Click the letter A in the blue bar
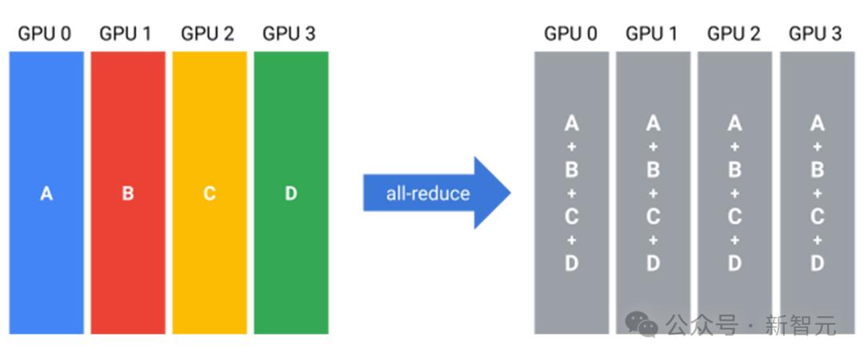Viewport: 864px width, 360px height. tap(46, 194)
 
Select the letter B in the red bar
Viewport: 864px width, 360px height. tap(128, 194)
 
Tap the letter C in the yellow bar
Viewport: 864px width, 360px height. tap(210, 194)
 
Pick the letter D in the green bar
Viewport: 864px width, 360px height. tap(291, 194)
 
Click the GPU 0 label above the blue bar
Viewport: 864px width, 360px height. tap(45, 34)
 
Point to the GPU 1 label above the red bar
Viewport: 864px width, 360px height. tap(125, 34)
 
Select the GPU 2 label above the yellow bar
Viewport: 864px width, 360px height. tap(208, 34)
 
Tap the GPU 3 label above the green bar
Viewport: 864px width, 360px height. tap(290, 34)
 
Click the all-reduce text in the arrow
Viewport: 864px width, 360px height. tap(428, 193)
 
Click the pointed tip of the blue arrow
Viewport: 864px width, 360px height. tap(510, 193)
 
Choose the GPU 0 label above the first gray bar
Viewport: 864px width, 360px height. tap(571, 34)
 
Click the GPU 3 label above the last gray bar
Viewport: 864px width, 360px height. tap(815, 34)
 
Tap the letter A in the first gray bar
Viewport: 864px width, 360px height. tap(571, 123)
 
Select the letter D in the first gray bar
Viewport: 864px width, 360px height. tap(571, 263)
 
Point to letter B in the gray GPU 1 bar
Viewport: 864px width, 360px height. tap(653, 170)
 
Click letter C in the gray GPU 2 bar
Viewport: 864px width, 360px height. tap(734, 217)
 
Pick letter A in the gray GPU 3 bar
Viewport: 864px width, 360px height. tap(817, 123)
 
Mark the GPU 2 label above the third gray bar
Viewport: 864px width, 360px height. tap(734, 34)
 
